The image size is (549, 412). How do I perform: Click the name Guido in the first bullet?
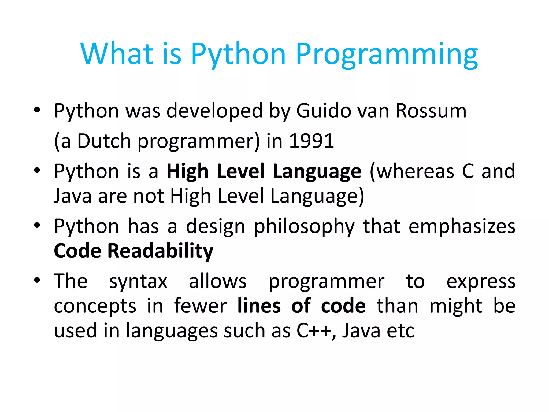pyautogui.click(x=324, y=111)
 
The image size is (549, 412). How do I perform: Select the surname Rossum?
pyautogui.click(x=431, y=111)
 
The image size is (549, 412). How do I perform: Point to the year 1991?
pyautogui.click(x=312, y=141)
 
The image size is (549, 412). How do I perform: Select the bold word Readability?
pyautogui.click(x=160, y=251)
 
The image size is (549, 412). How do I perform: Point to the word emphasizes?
pyautogui.click(x=462, y=226)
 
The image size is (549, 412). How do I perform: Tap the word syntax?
pyautogui.click(x=138, y=282)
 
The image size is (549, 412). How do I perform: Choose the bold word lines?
pyautogui.click(x=259, y=306)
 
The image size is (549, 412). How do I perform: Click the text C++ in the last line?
pyautogui.click(x=314, y=330)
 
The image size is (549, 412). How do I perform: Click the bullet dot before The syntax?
pyautogui.click(x=37, y=280)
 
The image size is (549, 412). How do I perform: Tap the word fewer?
pyautogui.click(x=200, y=306)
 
